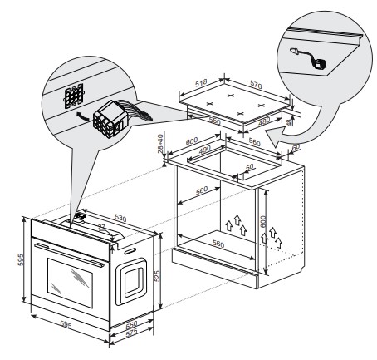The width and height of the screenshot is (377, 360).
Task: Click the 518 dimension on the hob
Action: point(201,82)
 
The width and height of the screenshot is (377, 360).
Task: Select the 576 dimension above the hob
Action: point(256,85)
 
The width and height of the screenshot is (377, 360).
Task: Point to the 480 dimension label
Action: point(264,121)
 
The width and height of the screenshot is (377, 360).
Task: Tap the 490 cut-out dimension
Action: point(205,150)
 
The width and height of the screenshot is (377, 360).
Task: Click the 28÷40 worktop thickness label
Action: point(160,143)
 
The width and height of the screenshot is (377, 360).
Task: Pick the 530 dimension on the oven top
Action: point(120,218)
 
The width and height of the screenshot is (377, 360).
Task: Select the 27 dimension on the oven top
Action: point(102,228)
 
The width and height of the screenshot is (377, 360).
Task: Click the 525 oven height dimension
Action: point(157,276)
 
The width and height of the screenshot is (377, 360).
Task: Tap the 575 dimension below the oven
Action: point(131,333)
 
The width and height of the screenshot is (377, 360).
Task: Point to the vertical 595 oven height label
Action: point(21,259)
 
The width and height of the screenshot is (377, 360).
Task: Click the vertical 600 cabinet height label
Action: point(263,221)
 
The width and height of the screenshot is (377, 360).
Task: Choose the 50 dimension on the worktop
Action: point(249,167)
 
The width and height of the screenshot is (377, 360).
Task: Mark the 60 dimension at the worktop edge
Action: point(296,147)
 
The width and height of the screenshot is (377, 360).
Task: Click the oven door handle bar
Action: point(69,254)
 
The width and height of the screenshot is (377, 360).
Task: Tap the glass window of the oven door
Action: point(70,283)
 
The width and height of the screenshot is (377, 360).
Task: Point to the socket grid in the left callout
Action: point(74,96)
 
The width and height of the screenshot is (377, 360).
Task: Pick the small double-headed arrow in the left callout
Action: point(83,116)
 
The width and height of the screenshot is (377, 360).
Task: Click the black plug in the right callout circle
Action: point(319,65)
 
